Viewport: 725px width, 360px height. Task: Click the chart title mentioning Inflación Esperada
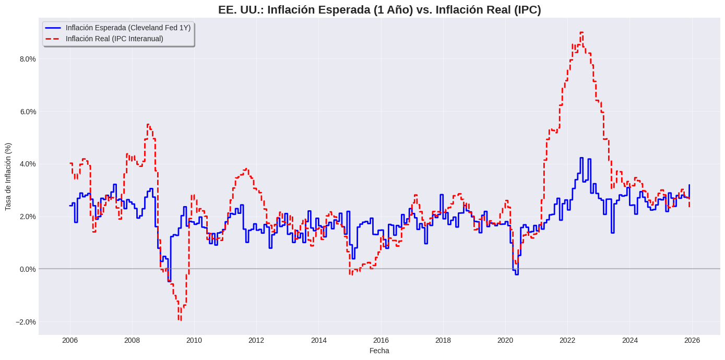click(x=379, y=9)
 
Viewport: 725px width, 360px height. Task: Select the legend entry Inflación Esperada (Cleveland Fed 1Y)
click(x=128, y=28)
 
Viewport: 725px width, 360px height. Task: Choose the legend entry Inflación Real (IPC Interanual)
click(x=114, y=39)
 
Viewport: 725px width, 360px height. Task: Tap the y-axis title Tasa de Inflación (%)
click(x=8, y=176)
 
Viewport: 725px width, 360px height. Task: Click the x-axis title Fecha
click(x=379, y=351)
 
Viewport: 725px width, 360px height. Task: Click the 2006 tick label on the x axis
click(x=70, y=340)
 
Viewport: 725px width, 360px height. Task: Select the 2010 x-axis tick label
click(x=194, y=340)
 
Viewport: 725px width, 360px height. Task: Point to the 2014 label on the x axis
click(x=319, y=340)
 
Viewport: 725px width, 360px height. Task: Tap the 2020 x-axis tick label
click(x=505, y=340)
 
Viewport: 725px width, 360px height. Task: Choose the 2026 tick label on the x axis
click(x=692, y=340)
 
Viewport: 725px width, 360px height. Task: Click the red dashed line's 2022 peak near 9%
click(x=581, y=32)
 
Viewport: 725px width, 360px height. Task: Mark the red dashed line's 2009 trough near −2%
click(x=180, y=320)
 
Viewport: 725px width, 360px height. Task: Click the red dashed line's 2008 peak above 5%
click(x=148, y=125)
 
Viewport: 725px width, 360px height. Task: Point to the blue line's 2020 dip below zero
click(x=517, y=274)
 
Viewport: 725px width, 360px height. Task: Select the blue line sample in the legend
click(x=53, y=28)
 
